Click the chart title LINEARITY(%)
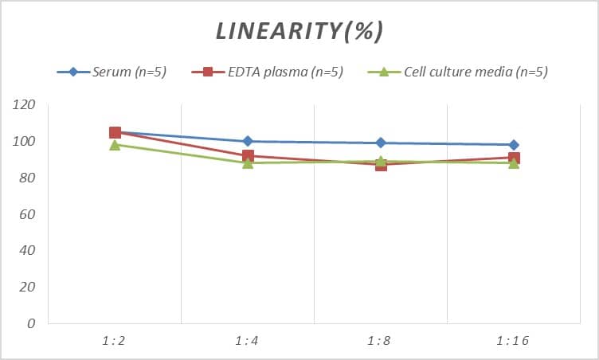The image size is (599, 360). pos(299,31)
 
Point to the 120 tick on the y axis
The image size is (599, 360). pos(24,105)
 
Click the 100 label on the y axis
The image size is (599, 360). pos(24,142)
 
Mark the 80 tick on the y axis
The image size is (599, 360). pos(26,178)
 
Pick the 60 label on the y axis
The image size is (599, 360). pos(26,214)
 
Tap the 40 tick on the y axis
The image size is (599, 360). pos(26,251)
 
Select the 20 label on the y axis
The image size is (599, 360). pos(26,288)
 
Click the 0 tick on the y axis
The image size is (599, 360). pos(30,323)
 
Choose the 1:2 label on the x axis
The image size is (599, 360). pos(114,341)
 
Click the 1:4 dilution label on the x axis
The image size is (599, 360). pos(247,341)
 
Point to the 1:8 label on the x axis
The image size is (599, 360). pos(380,341)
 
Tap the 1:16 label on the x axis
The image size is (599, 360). pos(513,341)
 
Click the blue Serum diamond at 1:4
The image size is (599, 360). pos(248,141)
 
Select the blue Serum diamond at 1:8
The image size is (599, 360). pos(381,143)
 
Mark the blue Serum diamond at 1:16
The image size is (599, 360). pos(514,145)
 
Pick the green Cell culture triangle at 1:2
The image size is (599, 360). pos(115,145)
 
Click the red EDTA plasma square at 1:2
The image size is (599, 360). pos(115,132)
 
